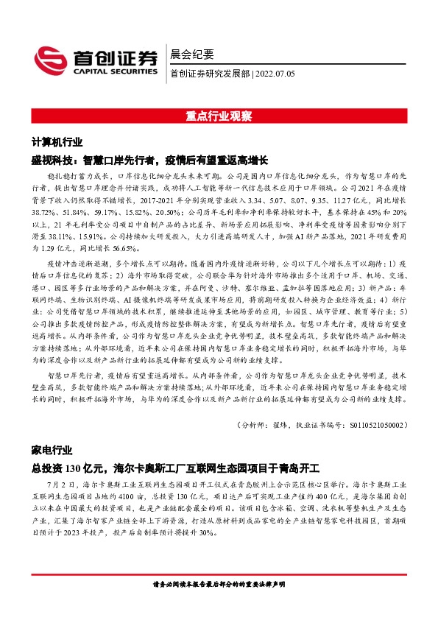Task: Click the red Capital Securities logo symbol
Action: pyautogui.click(x=48, y=60)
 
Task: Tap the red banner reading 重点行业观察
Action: pyautogui.click(x=219, y=116)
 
